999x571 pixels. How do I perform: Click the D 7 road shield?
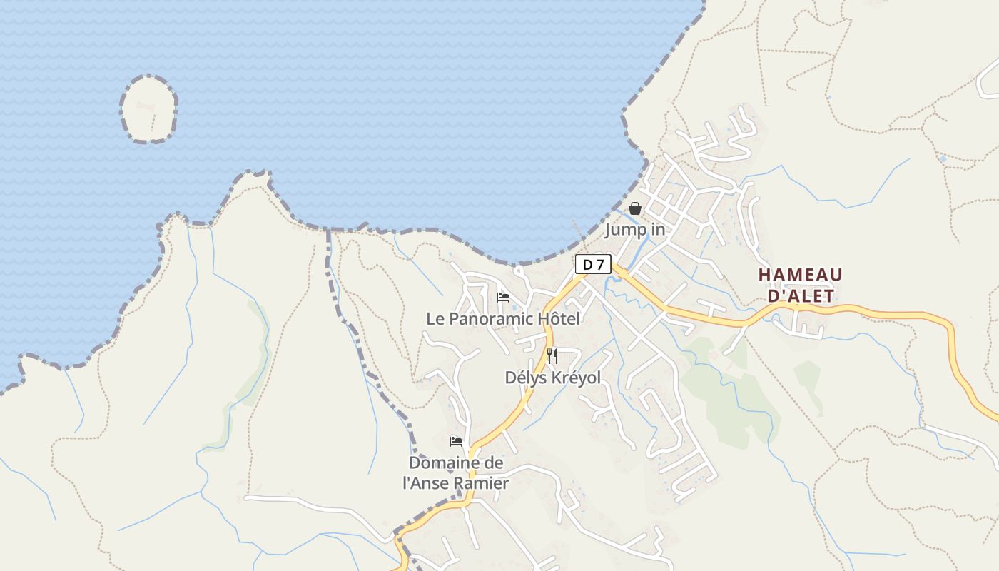coord(593,265)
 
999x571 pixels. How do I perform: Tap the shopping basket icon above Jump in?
coord(635,208)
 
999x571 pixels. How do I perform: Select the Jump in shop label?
coord(635,230)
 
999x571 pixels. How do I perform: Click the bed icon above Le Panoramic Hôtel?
coord(503,298)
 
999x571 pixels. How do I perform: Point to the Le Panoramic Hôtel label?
coord(503,319)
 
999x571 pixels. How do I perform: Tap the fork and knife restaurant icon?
coord(552,355)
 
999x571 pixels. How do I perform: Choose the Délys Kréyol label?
coord(553,378)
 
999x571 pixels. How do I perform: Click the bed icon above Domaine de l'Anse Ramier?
coord(456,442)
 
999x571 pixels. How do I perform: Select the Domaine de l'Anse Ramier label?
coord(456,473)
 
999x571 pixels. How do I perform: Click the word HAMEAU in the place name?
coord(801,275)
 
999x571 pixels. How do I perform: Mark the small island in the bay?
coord(149,109)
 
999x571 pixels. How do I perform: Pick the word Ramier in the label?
coord(485,483)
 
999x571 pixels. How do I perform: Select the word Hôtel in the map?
coord(559,319)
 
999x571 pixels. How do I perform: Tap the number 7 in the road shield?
coord(601,265)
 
